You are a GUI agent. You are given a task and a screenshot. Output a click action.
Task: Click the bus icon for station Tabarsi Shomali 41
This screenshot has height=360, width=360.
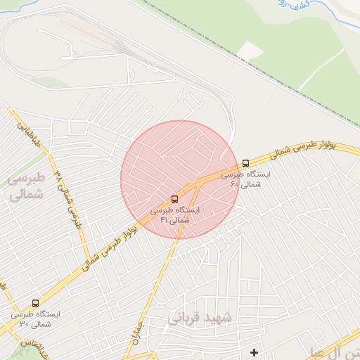click(x=175, y=198)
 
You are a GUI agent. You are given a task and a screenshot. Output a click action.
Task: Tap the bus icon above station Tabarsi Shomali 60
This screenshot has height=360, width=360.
click(x=245, y=163)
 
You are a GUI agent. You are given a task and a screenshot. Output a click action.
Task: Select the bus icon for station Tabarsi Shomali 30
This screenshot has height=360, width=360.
click(x=35, y=303)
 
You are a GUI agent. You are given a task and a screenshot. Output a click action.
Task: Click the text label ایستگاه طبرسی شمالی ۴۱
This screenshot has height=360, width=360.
click(x=175, y=215)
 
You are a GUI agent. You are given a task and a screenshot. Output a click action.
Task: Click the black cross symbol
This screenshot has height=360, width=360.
click(x=254, y=352)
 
